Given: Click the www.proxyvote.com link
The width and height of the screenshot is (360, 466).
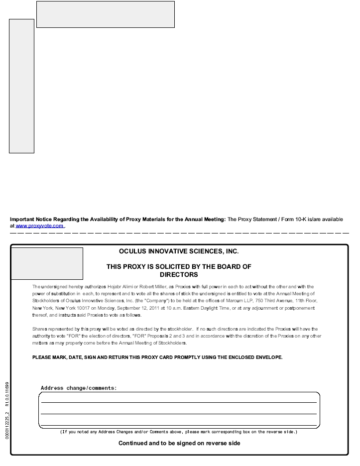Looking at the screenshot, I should click(40, 226).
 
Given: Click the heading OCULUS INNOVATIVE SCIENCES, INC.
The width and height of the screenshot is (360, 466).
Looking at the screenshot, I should click(179, 251).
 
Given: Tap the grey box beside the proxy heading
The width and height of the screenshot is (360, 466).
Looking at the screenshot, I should click(47, 263).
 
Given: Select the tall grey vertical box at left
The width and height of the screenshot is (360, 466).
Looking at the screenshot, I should click(21, 86).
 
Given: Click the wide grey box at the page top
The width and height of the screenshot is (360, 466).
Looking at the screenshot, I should click(106, 14).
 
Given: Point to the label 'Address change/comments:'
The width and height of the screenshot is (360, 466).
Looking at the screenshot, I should click(79, 388).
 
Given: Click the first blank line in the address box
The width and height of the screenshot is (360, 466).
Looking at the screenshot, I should click(179, 401).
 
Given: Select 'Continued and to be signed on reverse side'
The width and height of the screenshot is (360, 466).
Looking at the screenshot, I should click(179, 443).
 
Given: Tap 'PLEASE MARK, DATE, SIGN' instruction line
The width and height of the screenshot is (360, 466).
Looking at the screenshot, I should click(157, 357).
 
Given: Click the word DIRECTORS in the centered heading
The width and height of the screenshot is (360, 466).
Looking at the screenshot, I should click(179, 274).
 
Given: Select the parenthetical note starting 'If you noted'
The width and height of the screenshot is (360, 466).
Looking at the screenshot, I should click(179, 432).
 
